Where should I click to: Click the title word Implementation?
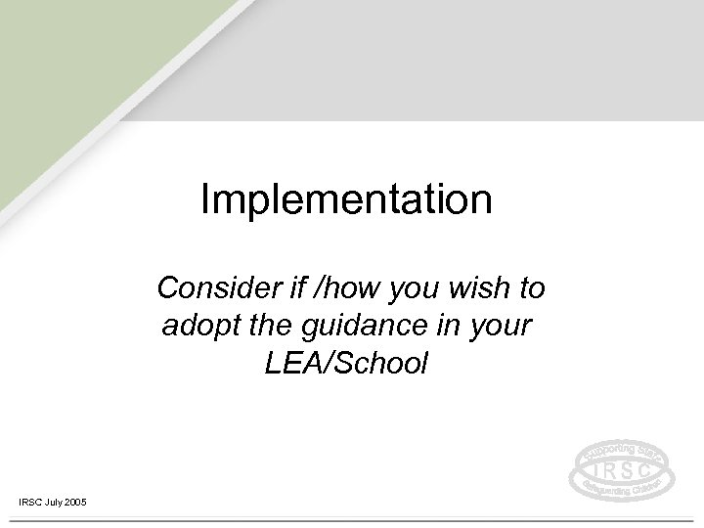pos(346,200)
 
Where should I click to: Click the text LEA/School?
pos(346,364)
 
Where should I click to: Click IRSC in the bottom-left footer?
pos(30,502)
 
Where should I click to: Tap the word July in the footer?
pos(55,502)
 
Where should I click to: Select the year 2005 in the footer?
pos(76,502)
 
